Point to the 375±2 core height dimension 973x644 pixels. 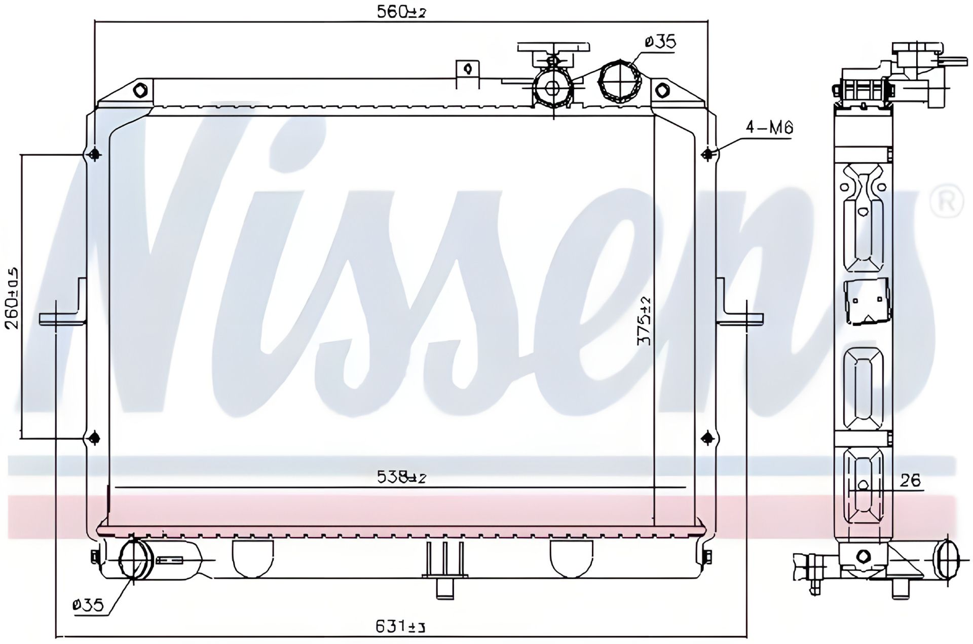[x=644, y=321]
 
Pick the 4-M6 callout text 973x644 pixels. [x=769, y=128]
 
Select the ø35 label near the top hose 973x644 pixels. [x=660, y=42]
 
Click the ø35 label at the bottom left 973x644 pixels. [x=88, y=604]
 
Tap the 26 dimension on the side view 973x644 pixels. [x=910, y=480]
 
